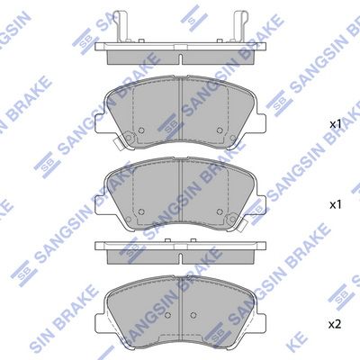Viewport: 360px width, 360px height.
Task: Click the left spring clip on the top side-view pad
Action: (121, 26)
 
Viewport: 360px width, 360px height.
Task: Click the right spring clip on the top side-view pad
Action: (240, 26)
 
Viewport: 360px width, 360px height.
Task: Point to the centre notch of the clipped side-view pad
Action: (181, 58)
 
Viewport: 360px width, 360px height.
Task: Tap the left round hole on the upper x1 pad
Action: (141, 130)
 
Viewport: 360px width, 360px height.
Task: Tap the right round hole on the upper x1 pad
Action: (220, 130)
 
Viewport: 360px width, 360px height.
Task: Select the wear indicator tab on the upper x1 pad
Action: (118, 144)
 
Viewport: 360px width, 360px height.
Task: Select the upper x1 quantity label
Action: (336, 124)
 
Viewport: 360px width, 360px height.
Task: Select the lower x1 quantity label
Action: (336, 205)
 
